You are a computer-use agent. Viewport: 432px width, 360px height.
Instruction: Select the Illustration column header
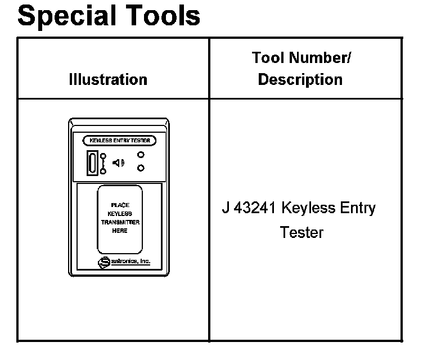click(108, 80)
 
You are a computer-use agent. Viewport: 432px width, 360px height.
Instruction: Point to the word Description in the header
click(300, 80)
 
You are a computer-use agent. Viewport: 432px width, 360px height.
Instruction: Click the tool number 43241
click(255, 208)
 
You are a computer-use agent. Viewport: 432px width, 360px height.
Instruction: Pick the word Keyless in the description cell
click(308, 208)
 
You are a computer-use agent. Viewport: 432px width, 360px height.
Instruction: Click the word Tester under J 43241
click(301, 232)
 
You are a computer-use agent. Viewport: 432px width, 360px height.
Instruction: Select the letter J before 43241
click(225, 208)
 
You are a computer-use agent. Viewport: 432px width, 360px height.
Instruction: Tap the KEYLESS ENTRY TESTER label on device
click(120, 141)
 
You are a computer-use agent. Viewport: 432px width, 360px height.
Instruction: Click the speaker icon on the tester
click(118, 163)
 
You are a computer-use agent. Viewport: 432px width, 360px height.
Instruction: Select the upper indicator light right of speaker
click(141, 155)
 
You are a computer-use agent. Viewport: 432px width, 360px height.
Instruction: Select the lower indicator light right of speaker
click(141, 168)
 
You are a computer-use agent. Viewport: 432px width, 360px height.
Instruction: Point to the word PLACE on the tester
click(120, 206)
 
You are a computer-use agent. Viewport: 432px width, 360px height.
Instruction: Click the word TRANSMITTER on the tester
click(120, 222)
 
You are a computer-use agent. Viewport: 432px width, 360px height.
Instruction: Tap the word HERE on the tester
click(120, 231)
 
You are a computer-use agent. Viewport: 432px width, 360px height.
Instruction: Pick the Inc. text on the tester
click(144, 262)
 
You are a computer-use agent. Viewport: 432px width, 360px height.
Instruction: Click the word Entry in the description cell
click(358, 208)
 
